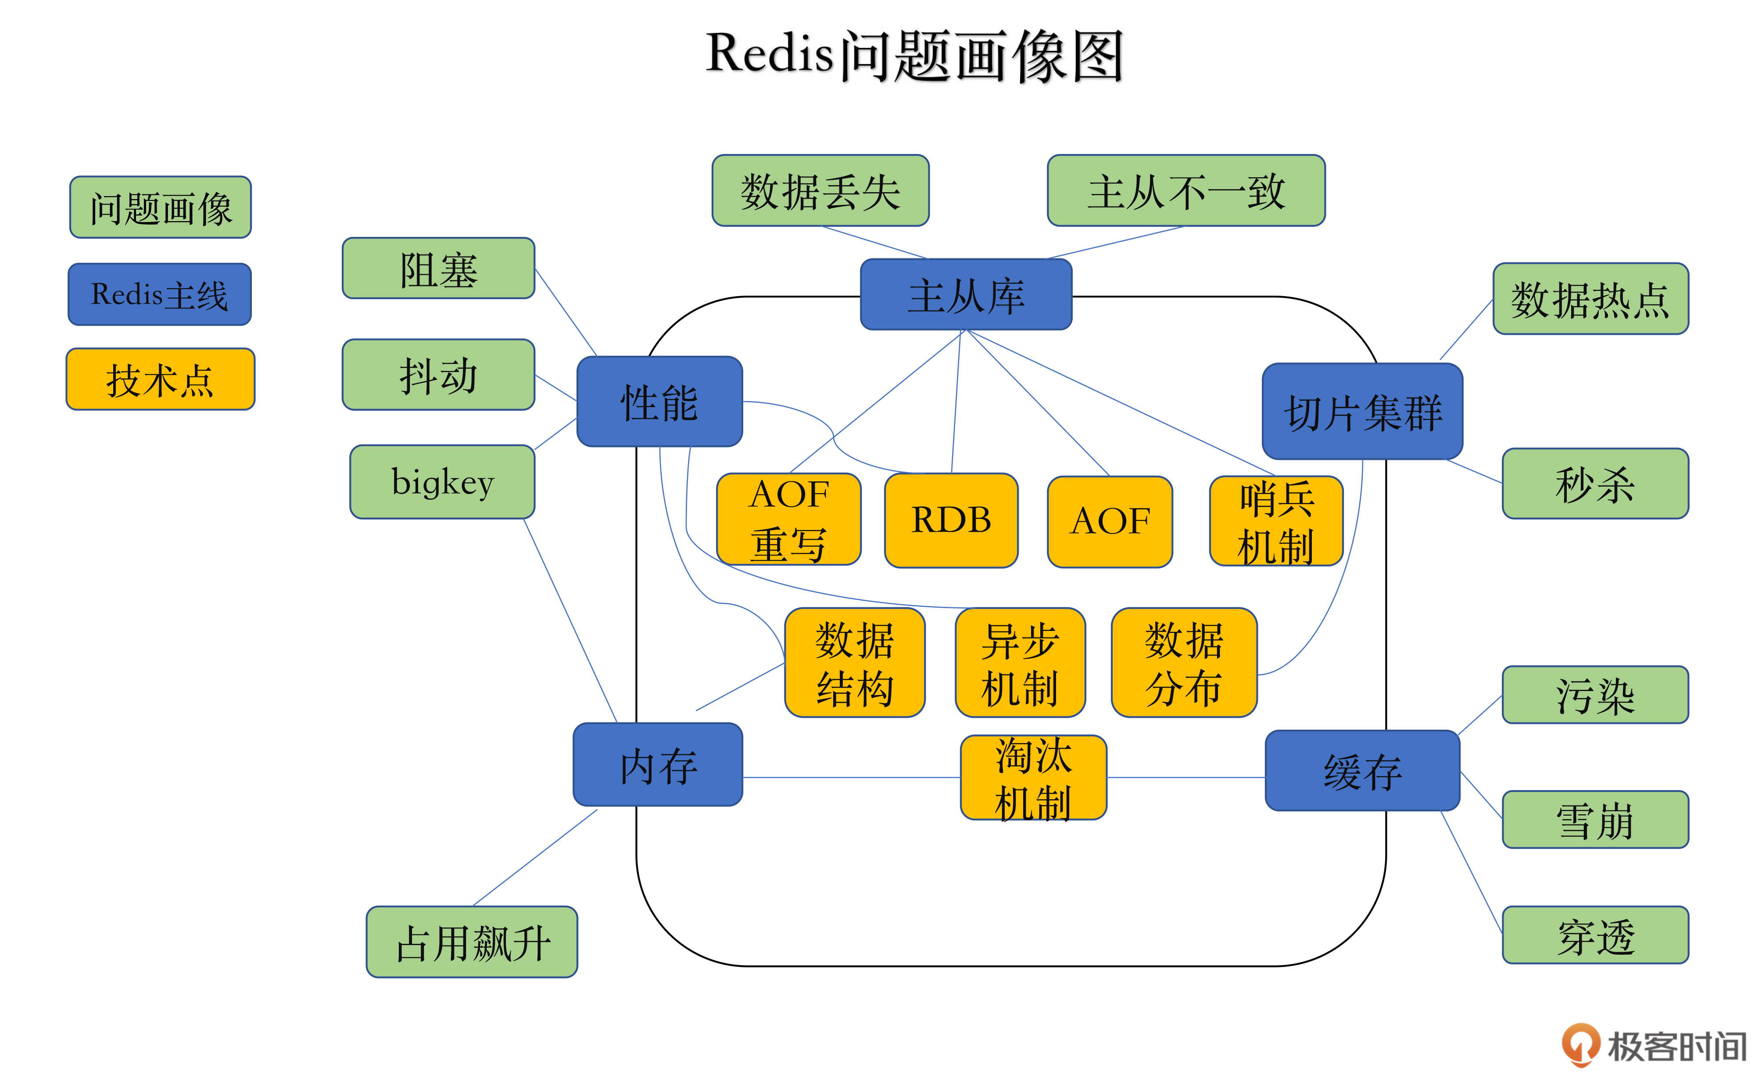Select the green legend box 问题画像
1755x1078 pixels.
[x=161, y=208]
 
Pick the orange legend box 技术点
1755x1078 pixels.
[x=161, y=379]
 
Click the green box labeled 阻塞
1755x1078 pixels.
[x=438, y=269]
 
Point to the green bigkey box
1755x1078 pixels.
[x=442, y=482]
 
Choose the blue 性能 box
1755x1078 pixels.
[x=659, y=402]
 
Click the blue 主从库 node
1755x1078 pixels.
[x=966, y=294]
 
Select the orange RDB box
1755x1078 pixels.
[x=951, y=520]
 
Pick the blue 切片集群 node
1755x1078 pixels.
[x=1362, y=412]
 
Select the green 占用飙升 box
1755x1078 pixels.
[x=472, y=942]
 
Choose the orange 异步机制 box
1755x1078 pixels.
[x=1020, y=663]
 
